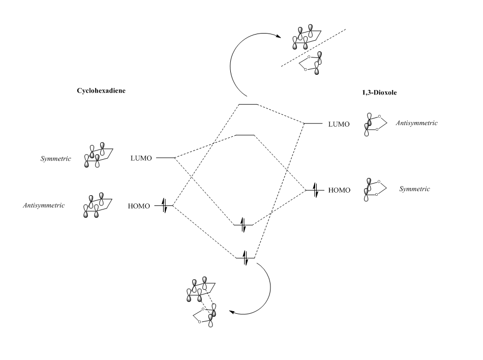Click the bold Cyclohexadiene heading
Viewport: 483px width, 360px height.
101,91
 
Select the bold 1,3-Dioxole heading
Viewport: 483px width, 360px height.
379,93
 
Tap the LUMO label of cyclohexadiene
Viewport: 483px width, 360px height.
141,158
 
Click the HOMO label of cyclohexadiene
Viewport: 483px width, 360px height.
139,206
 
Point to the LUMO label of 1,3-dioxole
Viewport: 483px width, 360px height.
339,125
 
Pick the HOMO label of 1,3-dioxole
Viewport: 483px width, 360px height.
339,190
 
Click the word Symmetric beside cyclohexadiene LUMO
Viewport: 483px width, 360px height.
56,159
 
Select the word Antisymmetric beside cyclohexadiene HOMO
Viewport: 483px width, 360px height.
44,205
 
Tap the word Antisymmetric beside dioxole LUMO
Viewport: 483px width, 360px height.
416,123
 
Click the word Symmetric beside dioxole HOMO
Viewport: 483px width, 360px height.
414,189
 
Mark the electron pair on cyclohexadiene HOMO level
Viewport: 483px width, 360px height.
165,205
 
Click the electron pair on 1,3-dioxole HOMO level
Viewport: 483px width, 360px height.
315,190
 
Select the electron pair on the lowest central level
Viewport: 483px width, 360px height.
245,258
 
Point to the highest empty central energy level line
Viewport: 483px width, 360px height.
248,105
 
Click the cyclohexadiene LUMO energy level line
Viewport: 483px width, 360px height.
165,158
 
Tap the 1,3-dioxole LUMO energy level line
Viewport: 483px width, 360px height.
313,124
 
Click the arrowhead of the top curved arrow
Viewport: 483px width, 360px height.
279,36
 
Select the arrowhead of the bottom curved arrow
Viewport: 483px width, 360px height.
232,312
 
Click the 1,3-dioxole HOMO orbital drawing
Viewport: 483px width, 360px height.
375,190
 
